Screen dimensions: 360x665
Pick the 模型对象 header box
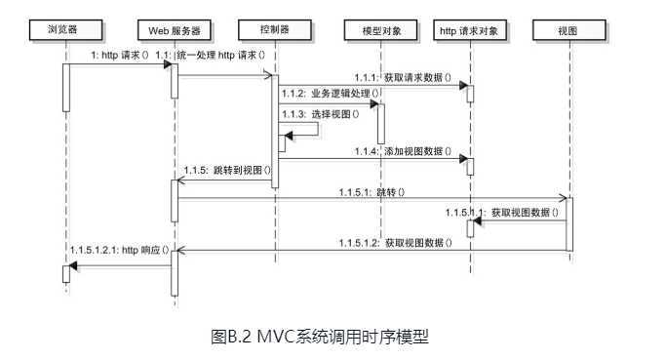pos(376,30)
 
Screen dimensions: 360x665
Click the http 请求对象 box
pos(469,30)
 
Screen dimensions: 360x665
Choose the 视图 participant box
pos(567,30)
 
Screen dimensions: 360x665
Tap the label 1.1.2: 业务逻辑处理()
pos(328,95)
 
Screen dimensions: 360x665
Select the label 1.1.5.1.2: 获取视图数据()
pos(395,242)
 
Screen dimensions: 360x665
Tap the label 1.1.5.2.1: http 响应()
pos(120,250)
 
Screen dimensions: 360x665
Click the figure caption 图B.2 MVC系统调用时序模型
pos(320,338)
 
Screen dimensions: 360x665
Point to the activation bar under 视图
pos(570,222)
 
